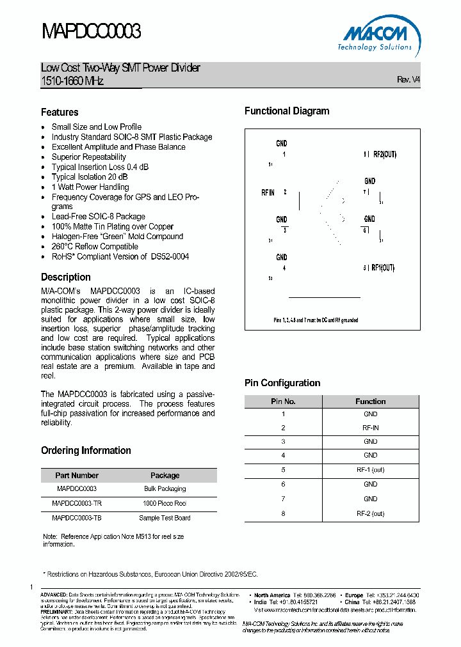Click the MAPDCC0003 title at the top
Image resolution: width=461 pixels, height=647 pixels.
click(91, 31)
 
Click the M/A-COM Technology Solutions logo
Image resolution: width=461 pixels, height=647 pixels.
click(375, 36)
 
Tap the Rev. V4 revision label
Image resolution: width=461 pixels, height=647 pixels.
click(408, 80)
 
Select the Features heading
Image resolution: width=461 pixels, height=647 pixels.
click(60, 112)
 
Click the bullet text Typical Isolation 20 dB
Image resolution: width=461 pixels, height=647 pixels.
click(90, 177)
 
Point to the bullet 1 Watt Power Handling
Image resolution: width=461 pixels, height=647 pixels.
click(90, 187)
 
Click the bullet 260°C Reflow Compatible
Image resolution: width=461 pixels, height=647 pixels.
click(95, 246)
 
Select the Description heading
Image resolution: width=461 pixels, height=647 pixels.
click(66, 277)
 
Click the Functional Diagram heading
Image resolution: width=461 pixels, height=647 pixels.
click(287, 111)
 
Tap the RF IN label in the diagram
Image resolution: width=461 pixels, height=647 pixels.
click(268, 192)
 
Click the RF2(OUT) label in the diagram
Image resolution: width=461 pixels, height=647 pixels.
click(384, 155)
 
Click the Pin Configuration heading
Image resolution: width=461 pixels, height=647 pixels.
click(282, 383)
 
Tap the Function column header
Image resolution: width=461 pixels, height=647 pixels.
click(370, 401)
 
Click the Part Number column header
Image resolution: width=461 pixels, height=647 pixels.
click(77, 475)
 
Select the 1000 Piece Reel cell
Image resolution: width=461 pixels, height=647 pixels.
click(165, 503)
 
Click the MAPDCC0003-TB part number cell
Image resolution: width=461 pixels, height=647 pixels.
click(77, 518)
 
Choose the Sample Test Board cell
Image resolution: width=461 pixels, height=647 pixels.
click(165, 518)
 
